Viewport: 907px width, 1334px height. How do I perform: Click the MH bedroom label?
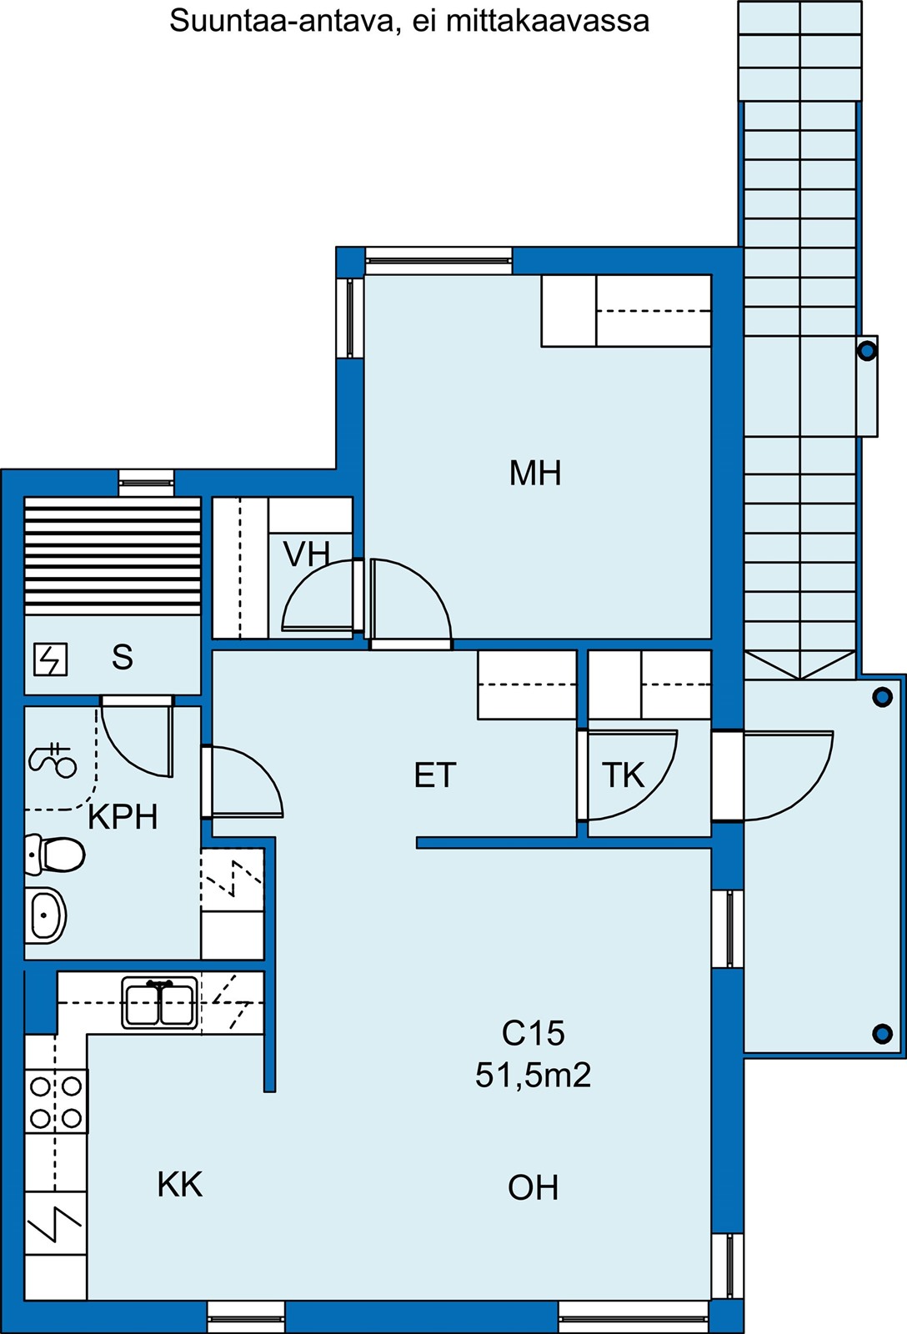[x=535, y=474]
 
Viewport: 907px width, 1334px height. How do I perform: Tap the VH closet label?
[x=306, y=554]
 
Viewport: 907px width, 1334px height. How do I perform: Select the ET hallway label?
[x=434, y=775]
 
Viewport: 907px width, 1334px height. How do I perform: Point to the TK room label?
[x=623, y=775]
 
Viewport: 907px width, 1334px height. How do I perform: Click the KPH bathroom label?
[x=123, y=817]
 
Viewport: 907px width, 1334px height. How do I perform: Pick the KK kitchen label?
[x=180, y=1185]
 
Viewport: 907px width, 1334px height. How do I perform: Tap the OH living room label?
[x=533, y=1187]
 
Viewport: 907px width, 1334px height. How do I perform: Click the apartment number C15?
[x=533, y=1033]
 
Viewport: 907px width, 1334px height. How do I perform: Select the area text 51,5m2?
[x=533, y=1076]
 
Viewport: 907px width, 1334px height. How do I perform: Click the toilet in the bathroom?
[x=55, y=855]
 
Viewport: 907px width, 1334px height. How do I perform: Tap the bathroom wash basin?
[x=45, y=916]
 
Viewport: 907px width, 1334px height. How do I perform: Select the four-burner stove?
[x=56, y=1101]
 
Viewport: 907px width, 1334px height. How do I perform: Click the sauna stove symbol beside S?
[x=51, y=659]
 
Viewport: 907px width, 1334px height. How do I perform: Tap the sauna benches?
[x=113, y=555]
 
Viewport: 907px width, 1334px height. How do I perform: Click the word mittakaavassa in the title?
[x=548, y=22]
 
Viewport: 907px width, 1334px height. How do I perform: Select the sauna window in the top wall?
[x=146, y=483]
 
